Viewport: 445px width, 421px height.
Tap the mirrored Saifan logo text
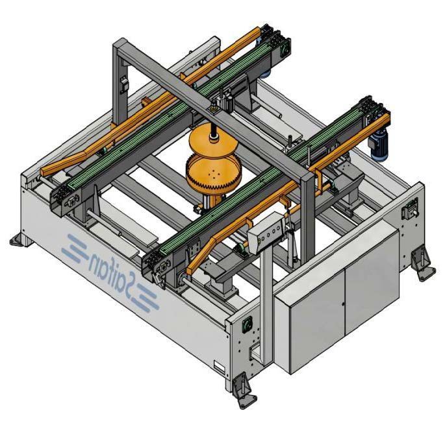point(110,271)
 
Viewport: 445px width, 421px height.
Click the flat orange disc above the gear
point(213,139)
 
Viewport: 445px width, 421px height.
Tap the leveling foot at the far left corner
point(20,240)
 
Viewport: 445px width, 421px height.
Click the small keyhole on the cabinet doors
point(343,304)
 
